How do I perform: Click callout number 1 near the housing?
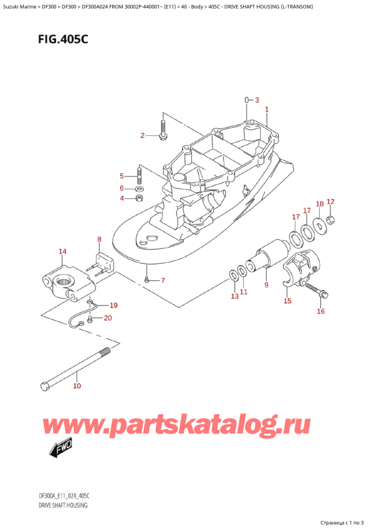pos(266,110)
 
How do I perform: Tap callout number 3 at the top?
pos(256,99)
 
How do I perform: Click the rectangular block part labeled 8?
pos(103,262)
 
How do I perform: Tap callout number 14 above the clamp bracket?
pos(62,252)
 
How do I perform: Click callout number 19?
pos(113,305)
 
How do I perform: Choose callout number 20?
pos(108,318)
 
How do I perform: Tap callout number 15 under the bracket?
pos(287,301)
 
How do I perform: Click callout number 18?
pos(320,204)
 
